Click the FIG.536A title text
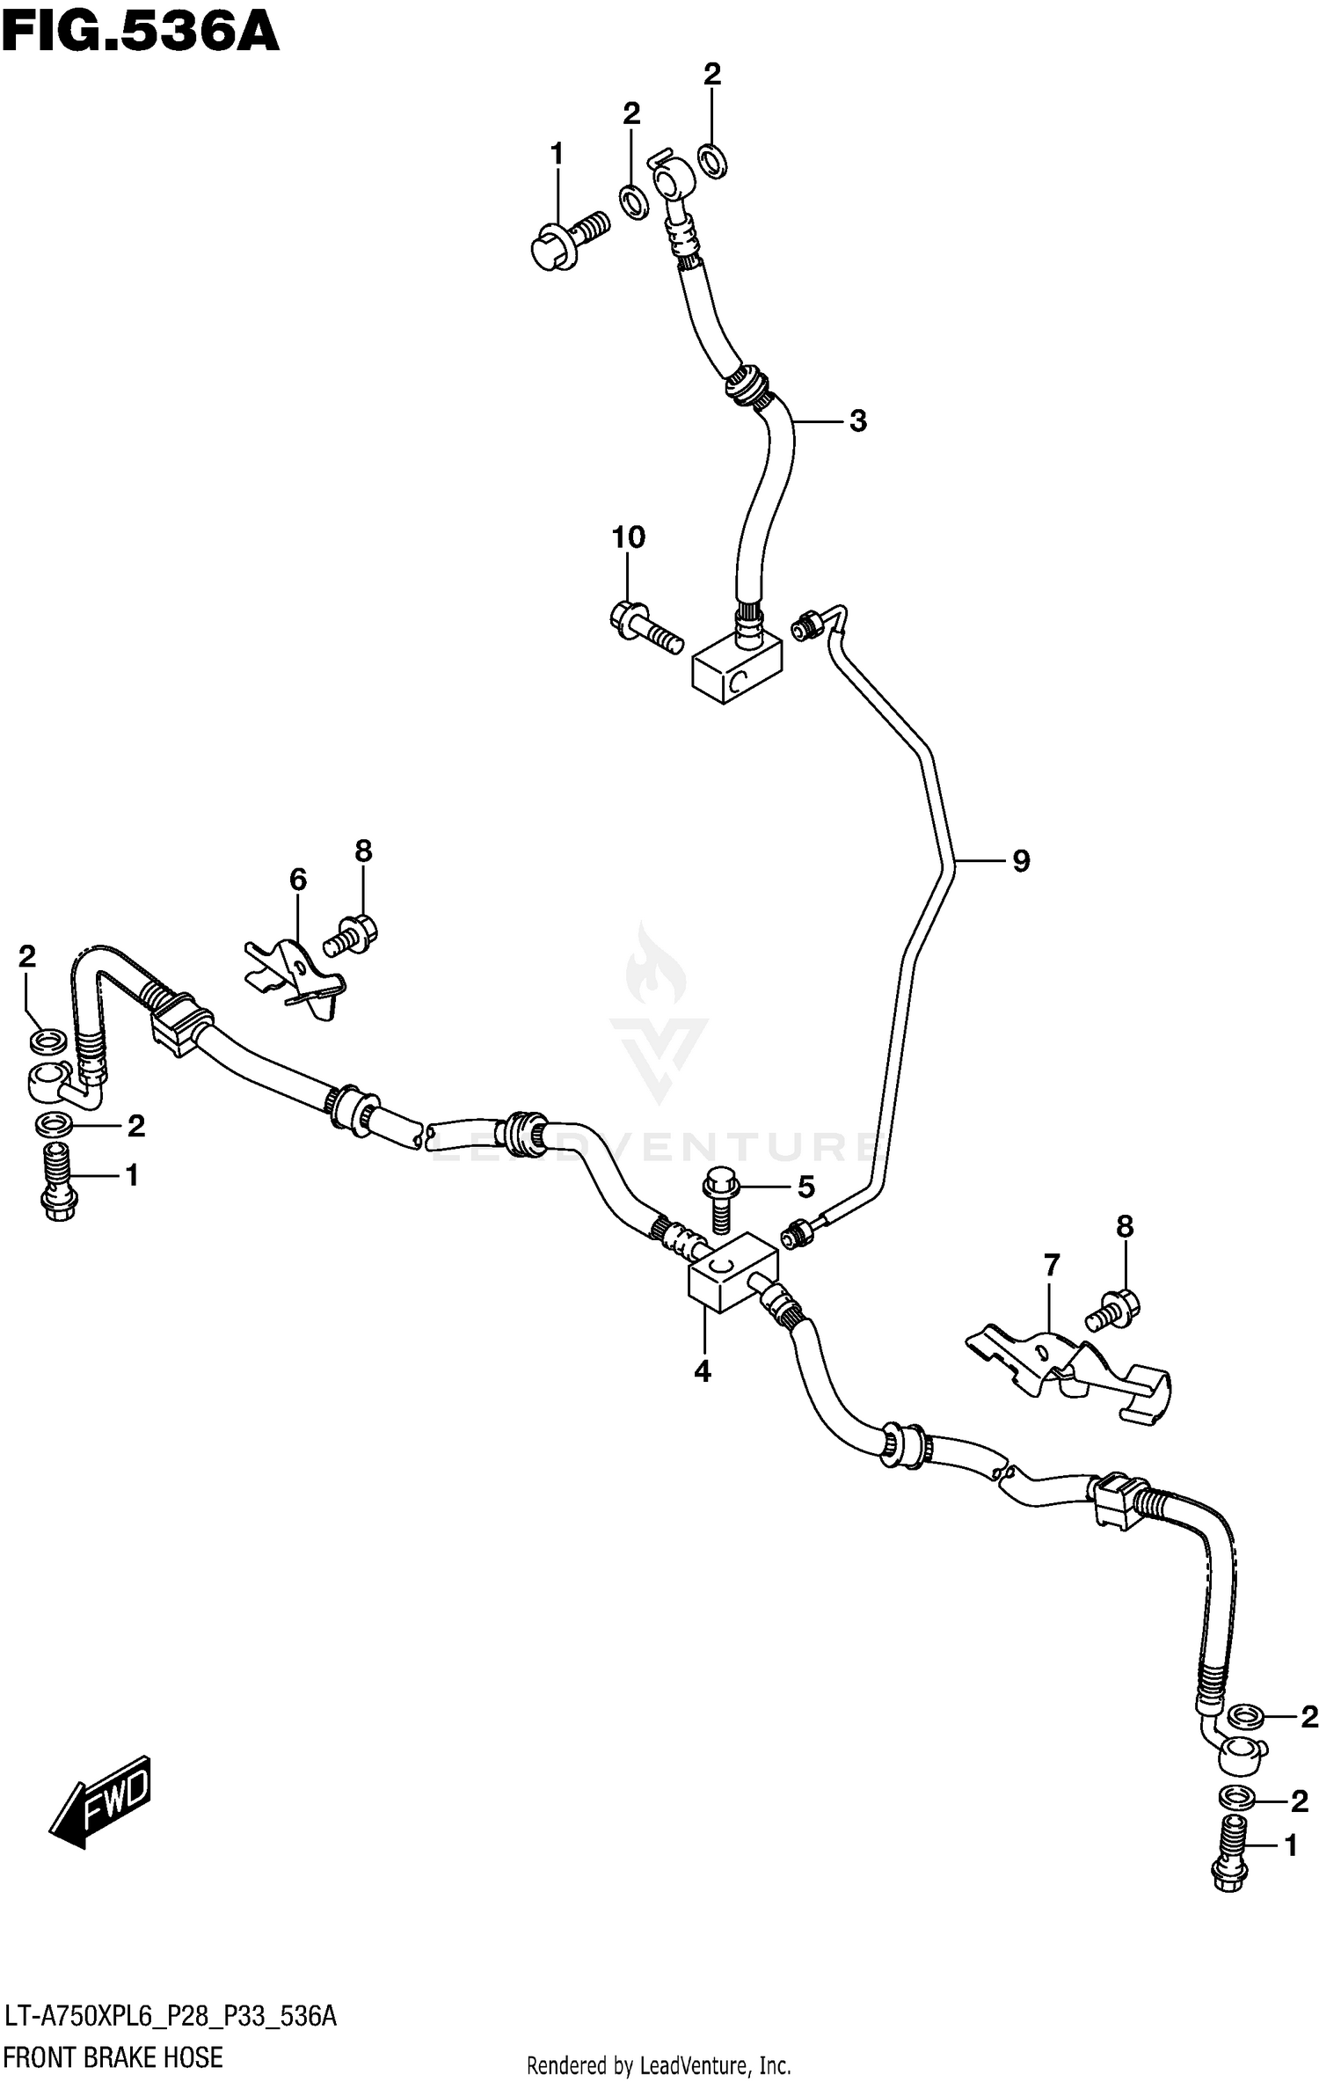coord(140,33)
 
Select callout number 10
coord(628,537)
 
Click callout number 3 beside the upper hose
coord(857,421)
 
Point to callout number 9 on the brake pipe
coord(1020,860)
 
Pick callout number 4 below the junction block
coord(702,1371)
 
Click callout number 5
coord(805,1187)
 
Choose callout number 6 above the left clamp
coord(298,879)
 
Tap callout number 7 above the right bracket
coord(1051,1266)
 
